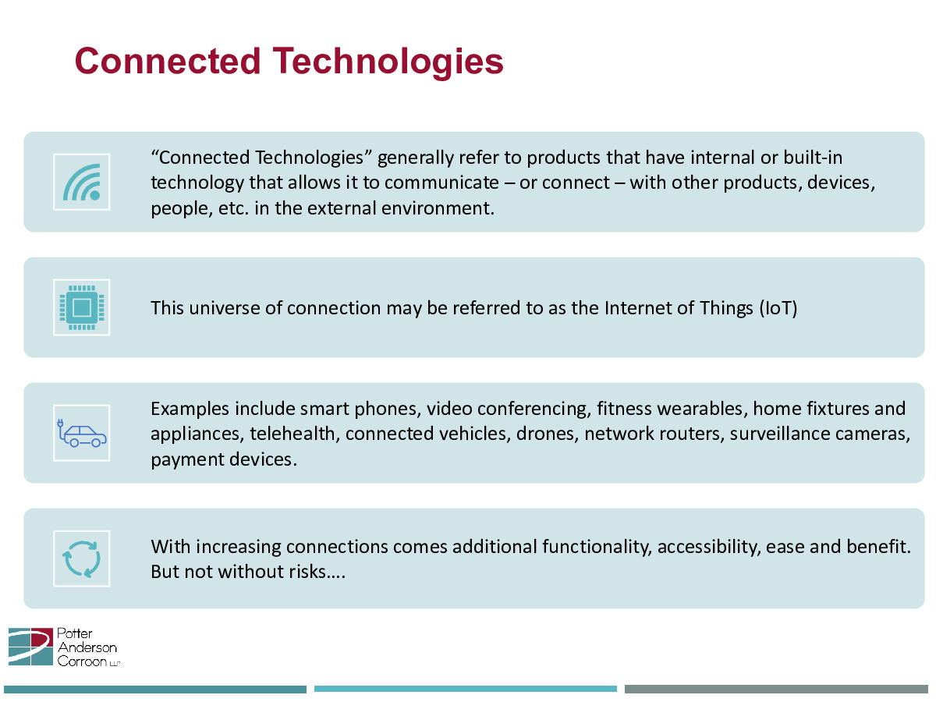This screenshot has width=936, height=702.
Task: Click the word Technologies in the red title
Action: (x=388, y=62)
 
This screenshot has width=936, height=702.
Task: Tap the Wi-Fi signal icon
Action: (x=81, y=182)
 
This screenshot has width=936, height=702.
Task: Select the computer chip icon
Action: (x=81, y=307)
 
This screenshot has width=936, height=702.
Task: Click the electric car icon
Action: (x=81, y=433)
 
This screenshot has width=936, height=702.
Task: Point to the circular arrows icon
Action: (x=81, y=558)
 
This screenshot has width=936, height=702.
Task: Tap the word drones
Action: (x=545, y=434)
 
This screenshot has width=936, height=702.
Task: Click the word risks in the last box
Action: (x=307, y=572)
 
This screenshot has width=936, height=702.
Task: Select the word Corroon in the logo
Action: (x=82, y=661)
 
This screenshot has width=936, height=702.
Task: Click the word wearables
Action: (x=700, y=409)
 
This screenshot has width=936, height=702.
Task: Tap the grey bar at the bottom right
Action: (x=776, y=690)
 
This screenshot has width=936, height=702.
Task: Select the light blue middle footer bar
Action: (x=465, y=690)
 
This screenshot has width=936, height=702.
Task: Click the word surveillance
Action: (x=779, y=434)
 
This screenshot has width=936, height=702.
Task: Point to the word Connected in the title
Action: (x=168, y=62)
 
